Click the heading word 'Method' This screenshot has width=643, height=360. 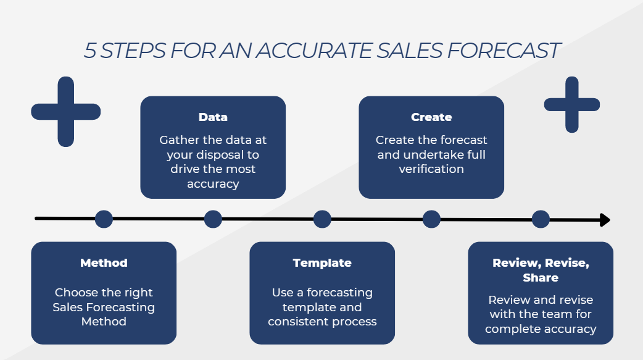pos(104,263)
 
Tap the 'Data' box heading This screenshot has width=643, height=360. pos(213,117)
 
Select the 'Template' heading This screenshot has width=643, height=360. pos(322,263)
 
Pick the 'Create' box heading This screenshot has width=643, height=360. pos(431,117)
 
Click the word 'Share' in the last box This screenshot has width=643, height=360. pos(541,278)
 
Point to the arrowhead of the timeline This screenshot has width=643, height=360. pos(605,220)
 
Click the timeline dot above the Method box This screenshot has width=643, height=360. pos(104,219)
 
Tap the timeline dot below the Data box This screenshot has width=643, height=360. pos(213,219)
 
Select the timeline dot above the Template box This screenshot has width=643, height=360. pos(322,219)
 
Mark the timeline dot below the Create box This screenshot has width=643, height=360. pos(431,219)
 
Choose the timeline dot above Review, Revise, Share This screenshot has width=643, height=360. pos(541,219)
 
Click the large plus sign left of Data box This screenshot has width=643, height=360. pos(66,112)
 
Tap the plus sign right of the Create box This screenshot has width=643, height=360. pos(572,104)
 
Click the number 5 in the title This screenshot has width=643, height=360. pos(90,51)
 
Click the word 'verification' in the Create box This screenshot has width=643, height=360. pos(431,169)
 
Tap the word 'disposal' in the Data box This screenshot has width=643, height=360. pos(228,154)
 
